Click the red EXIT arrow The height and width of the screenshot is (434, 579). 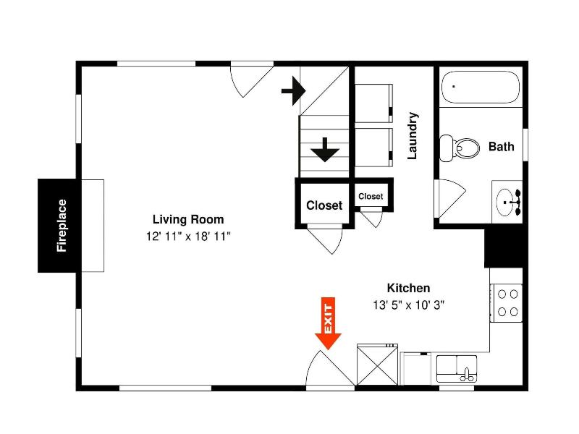coord(328,323)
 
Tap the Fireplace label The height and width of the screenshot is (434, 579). coord(62,226)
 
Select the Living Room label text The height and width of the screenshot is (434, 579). coord(188,219)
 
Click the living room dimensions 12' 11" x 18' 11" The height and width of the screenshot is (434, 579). coord(188,237)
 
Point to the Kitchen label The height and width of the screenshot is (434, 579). coord(408,288)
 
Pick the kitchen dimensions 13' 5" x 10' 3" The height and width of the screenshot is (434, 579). coord(408,305)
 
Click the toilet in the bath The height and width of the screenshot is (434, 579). coord(460,148)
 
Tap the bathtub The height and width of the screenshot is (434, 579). coord(481,87)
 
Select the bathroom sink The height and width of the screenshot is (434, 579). coord(507,202)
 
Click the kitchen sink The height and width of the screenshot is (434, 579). coord(457,369)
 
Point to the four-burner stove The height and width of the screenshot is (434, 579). coord(506,303)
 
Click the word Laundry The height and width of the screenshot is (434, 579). coord(413,136)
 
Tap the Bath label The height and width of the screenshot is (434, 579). coord(501,147)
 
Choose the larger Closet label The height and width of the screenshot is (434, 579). coord(324,205)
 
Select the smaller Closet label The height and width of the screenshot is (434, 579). coord(371,196)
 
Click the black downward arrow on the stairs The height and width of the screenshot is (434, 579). coord(325,150)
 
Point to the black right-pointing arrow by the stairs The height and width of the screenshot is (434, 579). coord(294,90)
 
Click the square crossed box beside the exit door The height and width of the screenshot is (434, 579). coord(377,365)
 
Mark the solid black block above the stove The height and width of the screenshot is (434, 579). coord(506,248)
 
